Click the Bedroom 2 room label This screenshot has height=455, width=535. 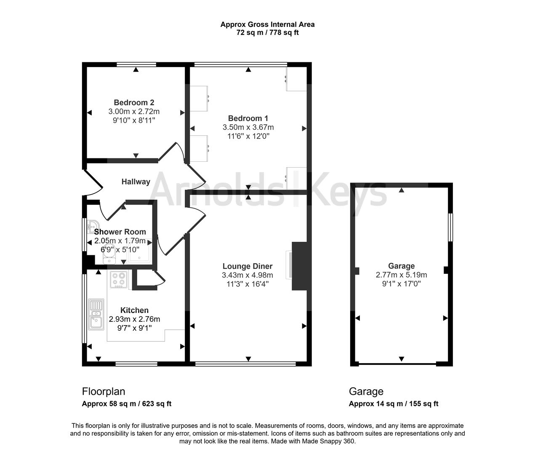[134, 103]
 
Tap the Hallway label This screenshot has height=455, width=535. [136, 182]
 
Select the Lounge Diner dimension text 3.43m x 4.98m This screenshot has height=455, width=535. [248, 275]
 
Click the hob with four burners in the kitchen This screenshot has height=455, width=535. [119, 279]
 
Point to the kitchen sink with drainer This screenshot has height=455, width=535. [96, 315]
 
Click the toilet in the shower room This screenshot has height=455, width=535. [109, 254]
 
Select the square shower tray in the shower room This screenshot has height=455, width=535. [139, 251]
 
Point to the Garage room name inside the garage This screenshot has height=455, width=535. [401, 266]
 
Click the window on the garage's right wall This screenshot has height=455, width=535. [451, 227]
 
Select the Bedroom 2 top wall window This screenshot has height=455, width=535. [136, 64]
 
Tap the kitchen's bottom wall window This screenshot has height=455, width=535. [136, 364]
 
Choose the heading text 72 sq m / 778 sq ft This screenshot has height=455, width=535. [267, 32]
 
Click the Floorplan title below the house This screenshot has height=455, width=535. [104, 391]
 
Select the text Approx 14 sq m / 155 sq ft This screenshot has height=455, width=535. [394, 404]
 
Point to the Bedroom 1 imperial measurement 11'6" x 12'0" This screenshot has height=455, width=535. [248, 136]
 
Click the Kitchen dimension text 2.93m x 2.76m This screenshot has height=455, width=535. [134, 319]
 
